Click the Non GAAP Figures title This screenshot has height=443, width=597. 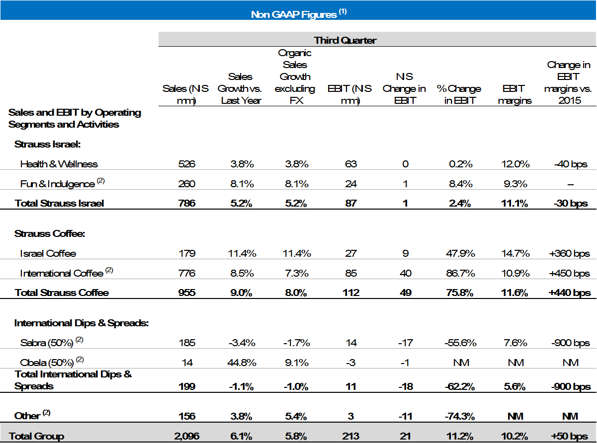click(298, 14)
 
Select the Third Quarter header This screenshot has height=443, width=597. click(344, 40)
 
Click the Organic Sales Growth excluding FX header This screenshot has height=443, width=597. click(295, 77)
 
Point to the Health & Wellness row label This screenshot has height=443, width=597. click(59, 164)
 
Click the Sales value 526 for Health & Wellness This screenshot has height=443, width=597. click(186, 164)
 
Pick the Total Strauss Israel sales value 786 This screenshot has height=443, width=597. click(186, 203)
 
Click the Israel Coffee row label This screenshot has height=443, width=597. click(48, 253)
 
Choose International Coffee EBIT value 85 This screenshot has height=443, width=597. click(350, 273)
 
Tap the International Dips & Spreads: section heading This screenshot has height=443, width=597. click(82, 323)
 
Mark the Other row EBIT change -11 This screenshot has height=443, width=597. click(406, 416)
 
